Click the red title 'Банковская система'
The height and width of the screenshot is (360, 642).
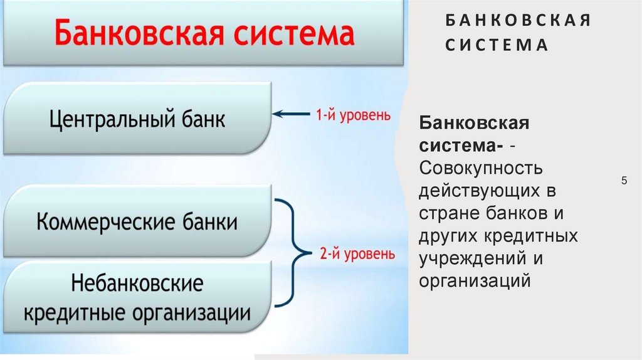204,33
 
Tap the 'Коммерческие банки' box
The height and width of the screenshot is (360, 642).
138,222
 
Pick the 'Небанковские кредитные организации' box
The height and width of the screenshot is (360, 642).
138,298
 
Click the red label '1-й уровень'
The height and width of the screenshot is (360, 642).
352,115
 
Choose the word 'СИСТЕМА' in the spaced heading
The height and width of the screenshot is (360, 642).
497,46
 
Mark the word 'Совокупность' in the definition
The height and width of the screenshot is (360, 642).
481,168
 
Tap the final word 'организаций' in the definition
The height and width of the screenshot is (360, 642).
476,280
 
